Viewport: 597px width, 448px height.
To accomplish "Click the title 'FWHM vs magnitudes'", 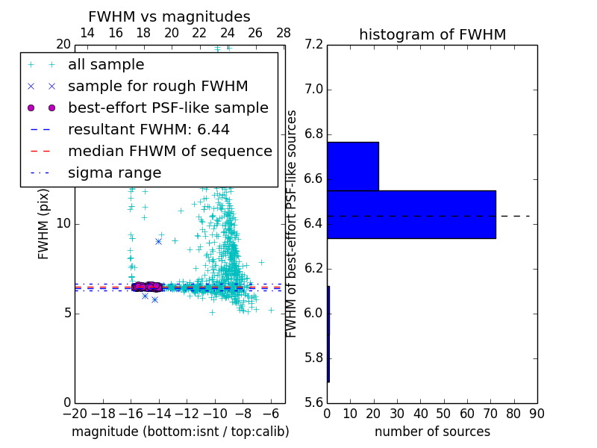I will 169,17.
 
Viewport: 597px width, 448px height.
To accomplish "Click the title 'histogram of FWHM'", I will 432,34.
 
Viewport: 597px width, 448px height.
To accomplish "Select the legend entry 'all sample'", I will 106,65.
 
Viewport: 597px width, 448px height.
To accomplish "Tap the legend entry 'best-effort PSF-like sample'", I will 168,108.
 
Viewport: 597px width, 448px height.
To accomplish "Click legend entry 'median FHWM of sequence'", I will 169,152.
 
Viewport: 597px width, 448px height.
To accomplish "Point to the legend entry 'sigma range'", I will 114,173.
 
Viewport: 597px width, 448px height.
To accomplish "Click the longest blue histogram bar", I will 411,214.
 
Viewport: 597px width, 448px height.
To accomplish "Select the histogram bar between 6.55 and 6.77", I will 352,166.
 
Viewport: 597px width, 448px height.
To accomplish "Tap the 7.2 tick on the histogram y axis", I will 313,45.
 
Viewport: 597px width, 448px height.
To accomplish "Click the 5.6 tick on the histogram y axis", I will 313,402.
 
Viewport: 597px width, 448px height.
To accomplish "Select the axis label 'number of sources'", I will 432,432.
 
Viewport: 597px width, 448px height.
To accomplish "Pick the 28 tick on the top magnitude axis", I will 284,34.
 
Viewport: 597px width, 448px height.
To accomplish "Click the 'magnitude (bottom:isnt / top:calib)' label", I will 180,432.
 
